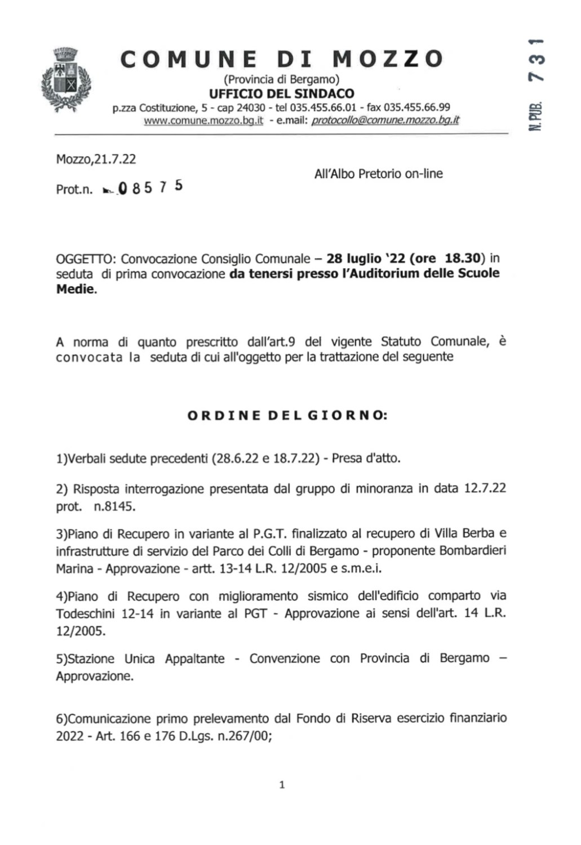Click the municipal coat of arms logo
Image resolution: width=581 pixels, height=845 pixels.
point(66,79)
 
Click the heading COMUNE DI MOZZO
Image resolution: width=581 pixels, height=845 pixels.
point(282,59)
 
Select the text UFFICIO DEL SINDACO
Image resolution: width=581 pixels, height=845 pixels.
point(282,94)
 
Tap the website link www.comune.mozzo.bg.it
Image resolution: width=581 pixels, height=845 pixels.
point(203,120)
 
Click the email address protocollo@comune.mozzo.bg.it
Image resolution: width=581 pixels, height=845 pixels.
point(385,120)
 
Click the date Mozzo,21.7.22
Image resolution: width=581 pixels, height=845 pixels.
point(96,159)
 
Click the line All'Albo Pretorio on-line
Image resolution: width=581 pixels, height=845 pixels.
point(378,174)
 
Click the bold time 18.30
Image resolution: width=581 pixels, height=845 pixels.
point(462,259)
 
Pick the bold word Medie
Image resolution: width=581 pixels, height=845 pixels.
point(75,290)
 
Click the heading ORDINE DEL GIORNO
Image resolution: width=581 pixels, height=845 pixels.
point(287,416)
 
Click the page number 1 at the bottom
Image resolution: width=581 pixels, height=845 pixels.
point(282,785)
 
